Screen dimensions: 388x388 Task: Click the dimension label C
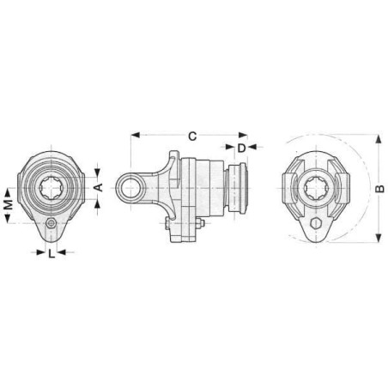click(x=192, y=136)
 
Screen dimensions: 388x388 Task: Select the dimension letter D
click(x=242, y=148)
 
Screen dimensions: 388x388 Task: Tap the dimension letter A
click(x=98, y=188)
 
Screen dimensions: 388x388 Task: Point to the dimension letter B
click(x=379, y=189)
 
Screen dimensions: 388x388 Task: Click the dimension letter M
click(x=9, y=204)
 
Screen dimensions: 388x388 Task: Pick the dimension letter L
click(x=52, y=253)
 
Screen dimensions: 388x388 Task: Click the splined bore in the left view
click(x=52, y=188)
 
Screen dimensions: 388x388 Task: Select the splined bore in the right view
click(x=316, y=188)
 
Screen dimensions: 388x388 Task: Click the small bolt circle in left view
click(x=52, y=223)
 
